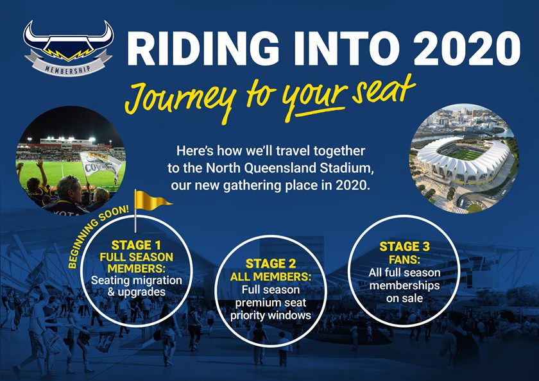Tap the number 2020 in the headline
(467, 48)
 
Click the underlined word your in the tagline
(314, 99)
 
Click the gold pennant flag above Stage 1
(151, 201)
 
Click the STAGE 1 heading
(136, 245)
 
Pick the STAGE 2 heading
(271, 264)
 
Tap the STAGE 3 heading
(405, 247)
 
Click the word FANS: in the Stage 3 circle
(405, 259)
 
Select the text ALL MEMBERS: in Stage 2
(271, 276)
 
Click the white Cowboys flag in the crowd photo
(99, 164)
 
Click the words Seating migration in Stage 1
(137, 280)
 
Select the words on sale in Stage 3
(404, 298)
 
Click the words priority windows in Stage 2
(271, 316)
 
